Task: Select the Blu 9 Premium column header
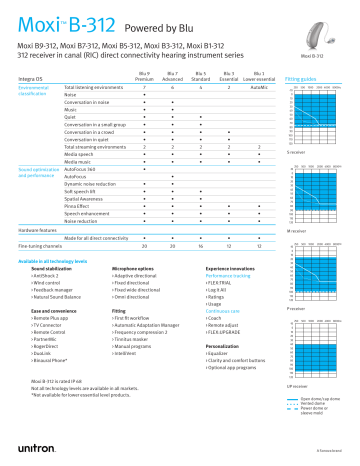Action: [145, 76]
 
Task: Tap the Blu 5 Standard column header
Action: [201, 76]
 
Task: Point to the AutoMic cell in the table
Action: [258, 89]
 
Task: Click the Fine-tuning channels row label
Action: [39, 245]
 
